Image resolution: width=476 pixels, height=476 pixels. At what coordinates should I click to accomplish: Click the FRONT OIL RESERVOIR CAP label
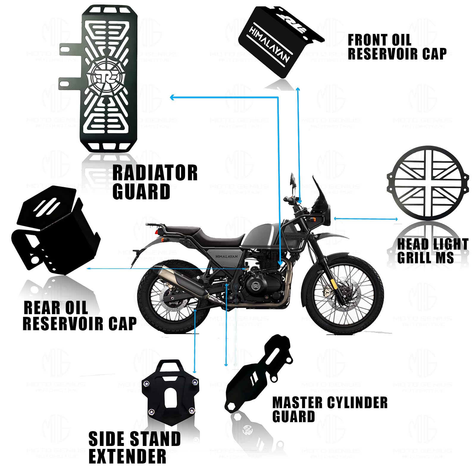point(397,47)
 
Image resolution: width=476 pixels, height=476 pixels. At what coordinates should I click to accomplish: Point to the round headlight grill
point(428,183)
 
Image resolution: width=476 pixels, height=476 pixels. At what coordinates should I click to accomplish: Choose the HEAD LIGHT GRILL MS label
point(433,250)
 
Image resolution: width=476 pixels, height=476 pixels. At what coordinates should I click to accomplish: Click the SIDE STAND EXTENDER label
point(134,447)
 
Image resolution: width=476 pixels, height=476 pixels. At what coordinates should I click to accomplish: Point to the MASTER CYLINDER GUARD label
point(330,409)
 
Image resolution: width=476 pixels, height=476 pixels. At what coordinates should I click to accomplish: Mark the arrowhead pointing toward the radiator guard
point(172,97)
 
